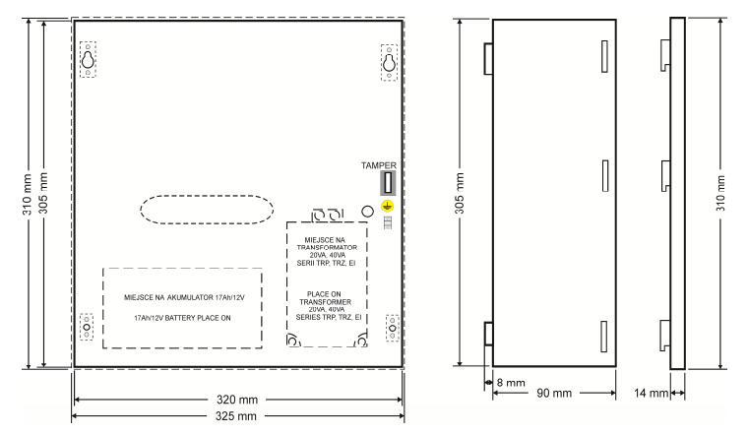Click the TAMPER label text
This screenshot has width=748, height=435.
(x=378, y=165)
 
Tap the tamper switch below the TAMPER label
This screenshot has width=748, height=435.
(x=388, y=183)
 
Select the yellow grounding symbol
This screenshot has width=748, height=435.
(x=388, y=206)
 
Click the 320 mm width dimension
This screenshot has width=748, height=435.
(x=237, y=400)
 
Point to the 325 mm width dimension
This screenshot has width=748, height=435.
(x=235, y=416)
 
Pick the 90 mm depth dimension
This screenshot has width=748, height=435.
(x=554, y=393)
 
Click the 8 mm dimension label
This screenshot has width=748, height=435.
(x=511, y=383)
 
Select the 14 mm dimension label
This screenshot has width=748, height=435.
(x=651, y=393)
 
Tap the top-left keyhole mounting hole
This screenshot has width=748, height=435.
(x=88, y=60)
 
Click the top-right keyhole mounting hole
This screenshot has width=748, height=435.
(x=389, y=62)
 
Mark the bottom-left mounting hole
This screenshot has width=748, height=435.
(x=87, y=327)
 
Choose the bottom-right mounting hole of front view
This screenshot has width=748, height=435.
(x=392, y=328)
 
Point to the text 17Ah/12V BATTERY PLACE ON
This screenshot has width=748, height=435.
(x=182, y=318)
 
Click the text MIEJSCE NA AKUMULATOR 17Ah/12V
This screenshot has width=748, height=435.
(x=184, y=297)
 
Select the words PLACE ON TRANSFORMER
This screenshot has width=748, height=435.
(x=325, y=298)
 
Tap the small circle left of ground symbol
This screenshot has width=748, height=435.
(x=367, y=212)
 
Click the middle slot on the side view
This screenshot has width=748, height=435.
(x=605, y=175)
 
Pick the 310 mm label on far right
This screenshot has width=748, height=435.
(x=720, y=193)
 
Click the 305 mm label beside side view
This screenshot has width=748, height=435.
(x=460, y=193)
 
